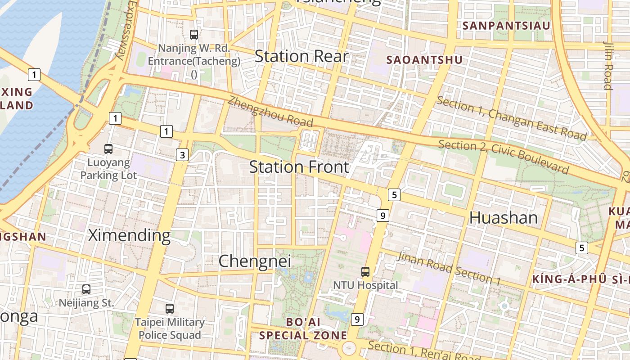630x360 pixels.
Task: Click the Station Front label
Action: pyautogui.click(x=299, y=167)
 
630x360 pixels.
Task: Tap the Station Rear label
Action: pyautogui.click(x=301, y=56)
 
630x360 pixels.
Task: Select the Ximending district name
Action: pyautogui.click(x=129, y=235)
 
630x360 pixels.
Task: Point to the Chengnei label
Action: pyautogui.click(x=255, y=261)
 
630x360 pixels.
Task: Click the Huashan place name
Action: pyautogui.click(x=503, y=218)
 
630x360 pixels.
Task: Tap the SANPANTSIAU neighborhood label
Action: pyautogui.click(x=506, y=26)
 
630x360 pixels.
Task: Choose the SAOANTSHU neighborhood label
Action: pyautogui.click(x=424, y=60)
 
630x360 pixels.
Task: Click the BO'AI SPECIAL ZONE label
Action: pyautogui.click(x=303, y=329)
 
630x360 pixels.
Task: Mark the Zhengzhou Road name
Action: pyautogui.click(x=270, y=111)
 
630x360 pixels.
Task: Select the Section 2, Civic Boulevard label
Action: pyautogui.click(x=503, y=157)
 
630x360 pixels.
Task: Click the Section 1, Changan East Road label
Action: pyautogui.click(x=511, y=118)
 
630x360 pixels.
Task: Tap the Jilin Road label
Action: pyautogui.click(x=608, y=65)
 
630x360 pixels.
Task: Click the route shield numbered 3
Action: pyautogui.click(x=182, y=155)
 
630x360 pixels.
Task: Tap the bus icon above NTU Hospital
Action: pyautogui.click(x=365, y=272)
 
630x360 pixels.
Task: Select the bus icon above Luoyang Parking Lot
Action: pyautogui.click(x=108, y=149)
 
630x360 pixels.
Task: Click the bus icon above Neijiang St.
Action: pyautogui.click(x=86, y=289)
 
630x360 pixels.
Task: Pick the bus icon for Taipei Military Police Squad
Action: pyautogui.click(x=169, y=309)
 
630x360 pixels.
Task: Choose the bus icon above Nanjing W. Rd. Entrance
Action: pyautogui.click(x=194, y=34)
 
